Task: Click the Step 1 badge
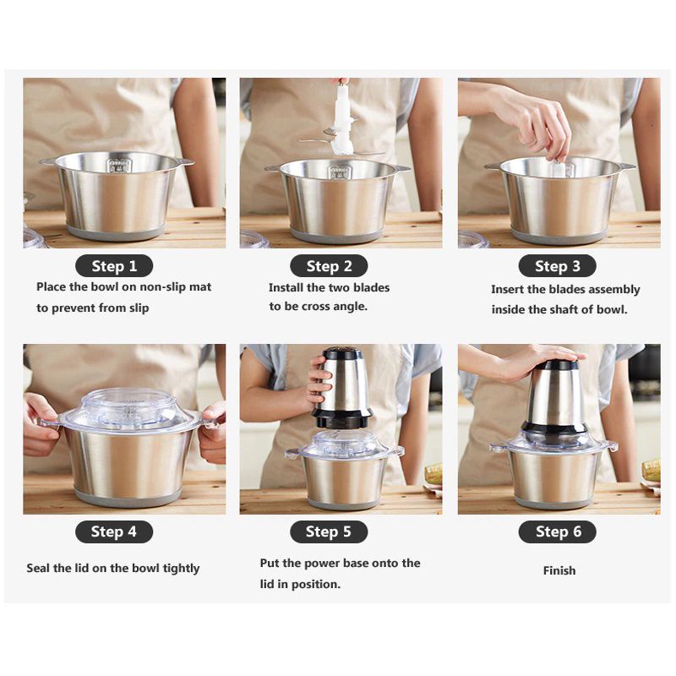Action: (x=114, y=266)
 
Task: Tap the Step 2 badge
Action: (x=329, y=266)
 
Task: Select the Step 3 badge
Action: (x=557, y=266)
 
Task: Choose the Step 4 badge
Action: (x=114, y=532)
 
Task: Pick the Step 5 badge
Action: (x=329, y=532)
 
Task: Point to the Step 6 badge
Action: (x=557, y=532)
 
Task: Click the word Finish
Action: (x=559, y=570)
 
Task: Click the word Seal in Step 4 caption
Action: (x=38, y=569)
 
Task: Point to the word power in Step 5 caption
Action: (x=323, y=564)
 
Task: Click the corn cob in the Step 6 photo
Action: (x=651, y=469)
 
